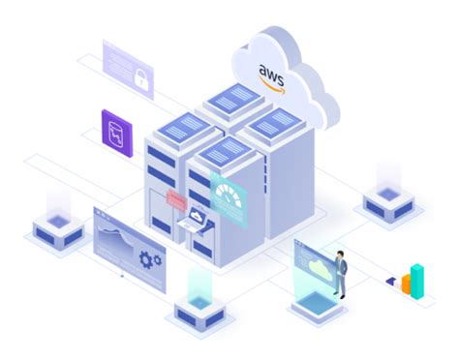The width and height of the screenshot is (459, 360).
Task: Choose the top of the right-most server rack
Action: coord(274,123)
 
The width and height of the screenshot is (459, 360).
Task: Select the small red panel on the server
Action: coord(177,200)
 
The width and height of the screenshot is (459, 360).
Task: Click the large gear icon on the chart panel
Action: coord(150,259)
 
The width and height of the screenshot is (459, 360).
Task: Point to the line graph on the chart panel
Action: coord(115,238)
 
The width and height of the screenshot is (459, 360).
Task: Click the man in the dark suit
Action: coord(341,272)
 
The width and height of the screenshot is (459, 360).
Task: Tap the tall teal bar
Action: coord(417,278)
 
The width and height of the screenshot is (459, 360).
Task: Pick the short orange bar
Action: coord(407,285)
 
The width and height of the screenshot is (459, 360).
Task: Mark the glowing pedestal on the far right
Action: coord(387,201)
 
